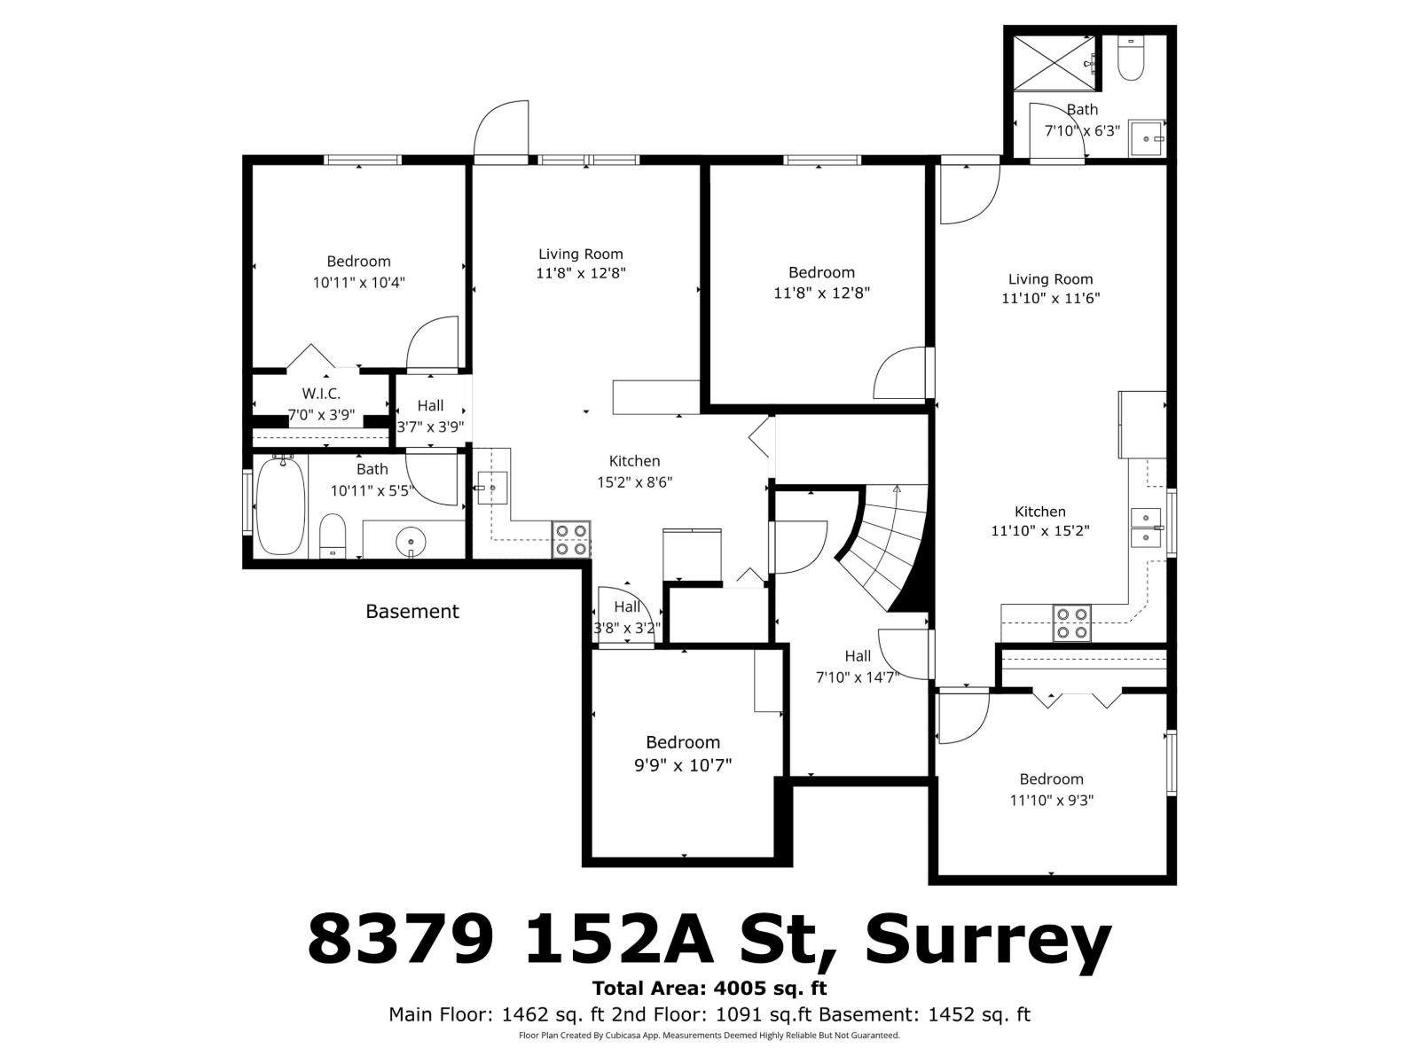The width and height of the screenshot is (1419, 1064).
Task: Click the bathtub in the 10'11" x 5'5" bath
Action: tap(280, 505)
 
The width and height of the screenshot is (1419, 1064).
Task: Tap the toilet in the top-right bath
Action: tap(1130, 59)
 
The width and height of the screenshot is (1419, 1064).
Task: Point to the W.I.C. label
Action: tap(321, 394)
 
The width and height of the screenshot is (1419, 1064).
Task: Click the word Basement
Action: tap(412, 611)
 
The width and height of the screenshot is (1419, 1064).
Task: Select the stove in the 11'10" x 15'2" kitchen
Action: tap(1071, 622)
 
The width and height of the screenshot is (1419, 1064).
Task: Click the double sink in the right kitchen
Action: tap(1148, 528)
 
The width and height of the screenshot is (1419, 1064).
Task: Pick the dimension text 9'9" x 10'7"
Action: tap(683, 764)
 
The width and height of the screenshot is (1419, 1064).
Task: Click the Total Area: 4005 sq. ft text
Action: tap(709, 988)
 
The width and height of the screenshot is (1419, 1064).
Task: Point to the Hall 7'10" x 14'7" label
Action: tap(858, 667)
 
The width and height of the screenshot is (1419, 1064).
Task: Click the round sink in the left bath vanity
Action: tap(412, 539)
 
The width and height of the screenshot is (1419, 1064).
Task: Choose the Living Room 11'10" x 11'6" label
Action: tap(1051, 289)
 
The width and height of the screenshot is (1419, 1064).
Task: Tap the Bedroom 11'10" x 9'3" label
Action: tap(1051, 789)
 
